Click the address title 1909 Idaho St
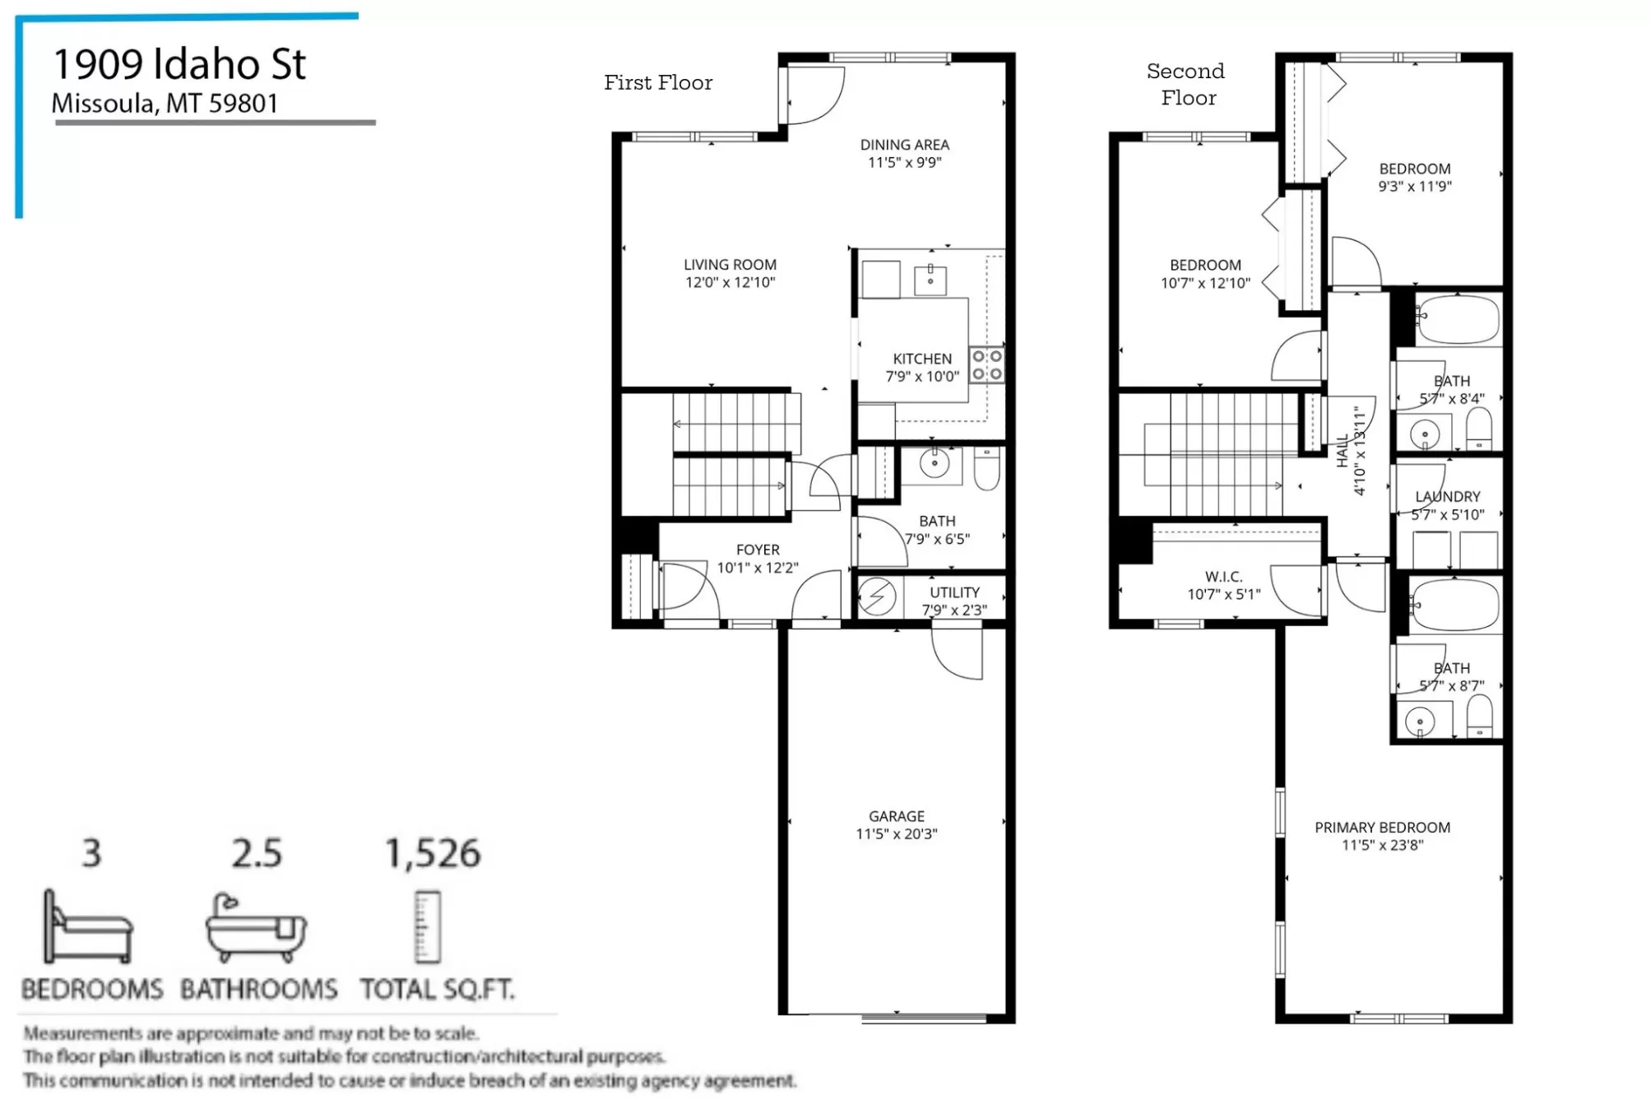(179, 64)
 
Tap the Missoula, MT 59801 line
(165, 104)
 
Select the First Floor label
(658, 82)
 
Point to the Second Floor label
(1186, 84)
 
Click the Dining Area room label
(905, 154)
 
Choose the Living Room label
(730, 273)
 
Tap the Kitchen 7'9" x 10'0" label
(922, 368)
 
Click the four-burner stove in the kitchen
(987, 364)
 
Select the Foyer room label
(758, 559)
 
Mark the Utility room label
(954, 601)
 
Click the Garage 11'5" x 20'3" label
(897, 824)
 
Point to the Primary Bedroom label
(1382, 836)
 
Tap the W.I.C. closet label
(1224, 585)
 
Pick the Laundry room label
(1448, 505)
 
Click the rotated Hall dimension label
(1351, 451)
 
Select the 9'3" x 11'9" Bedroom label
(1415, 177)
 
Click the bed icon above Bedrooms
(88, 926)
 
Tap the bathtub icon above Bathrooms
(256, 927)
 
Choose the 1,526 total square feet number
(433, 853)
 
